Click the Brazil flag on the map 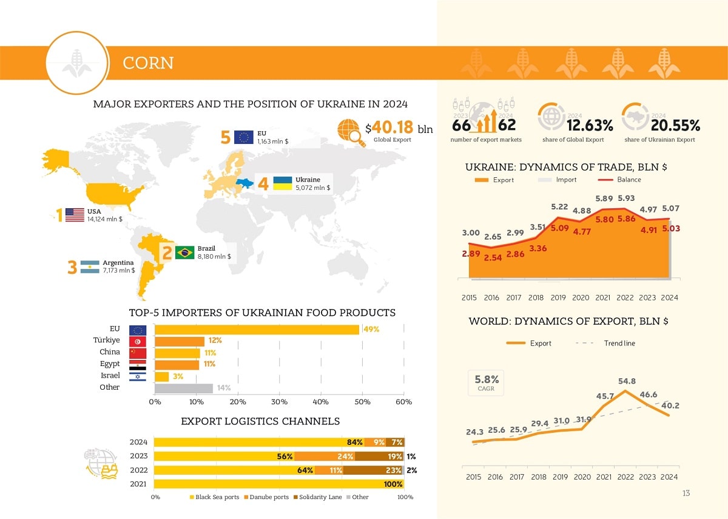184,253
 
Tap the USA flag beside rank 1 75,215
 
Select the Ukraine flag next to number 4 283,183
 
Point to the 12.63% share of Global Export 590,126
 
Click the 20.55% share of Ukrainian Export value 675,126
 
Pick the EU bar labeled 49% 257,330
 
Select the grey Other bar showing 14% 184,388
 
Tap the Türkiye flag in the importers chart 138,342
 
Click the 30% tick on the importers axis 279,402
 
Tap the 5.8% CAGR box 487,383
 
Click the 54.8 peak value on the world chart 627,381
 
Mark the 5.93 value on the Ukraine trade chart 626,198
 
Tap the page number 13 686,493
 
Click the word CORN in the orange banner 148,63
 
